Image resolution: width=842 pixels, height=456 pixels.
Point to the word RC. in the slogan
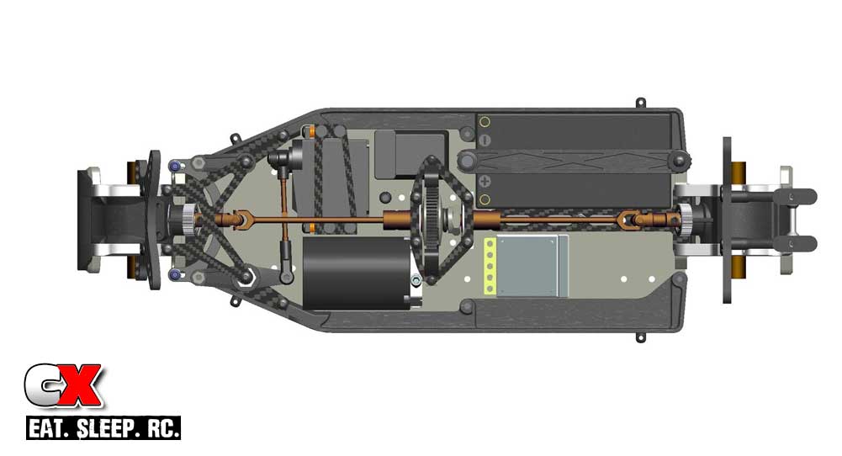point(160,428)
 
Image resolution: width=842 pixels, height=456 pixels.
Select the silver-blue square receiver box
point(532,266)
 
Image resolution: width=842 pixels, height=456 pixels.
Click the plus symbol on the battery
point(484,181)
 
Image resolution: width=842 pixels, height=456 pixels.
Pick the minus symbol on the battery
point(484,141)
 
